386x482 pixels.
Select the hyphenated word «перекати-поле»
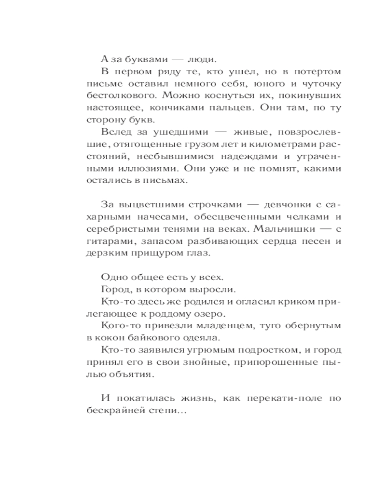click(289, 399)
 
